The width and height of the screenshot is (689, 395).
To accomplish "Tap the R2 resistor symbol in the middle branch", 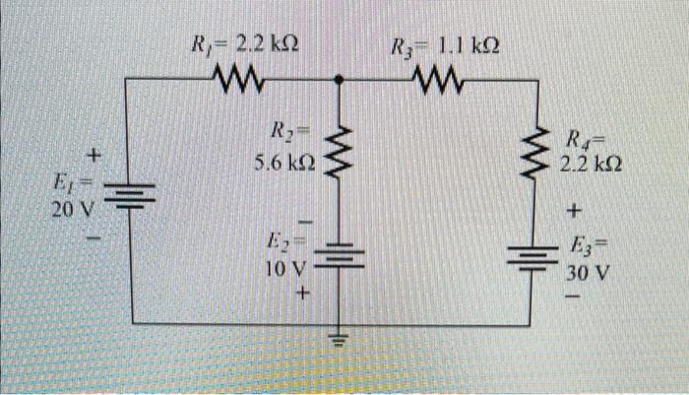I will [341, 155].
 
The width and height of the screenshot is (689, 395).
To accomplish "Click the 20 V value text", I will [73, 208].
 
